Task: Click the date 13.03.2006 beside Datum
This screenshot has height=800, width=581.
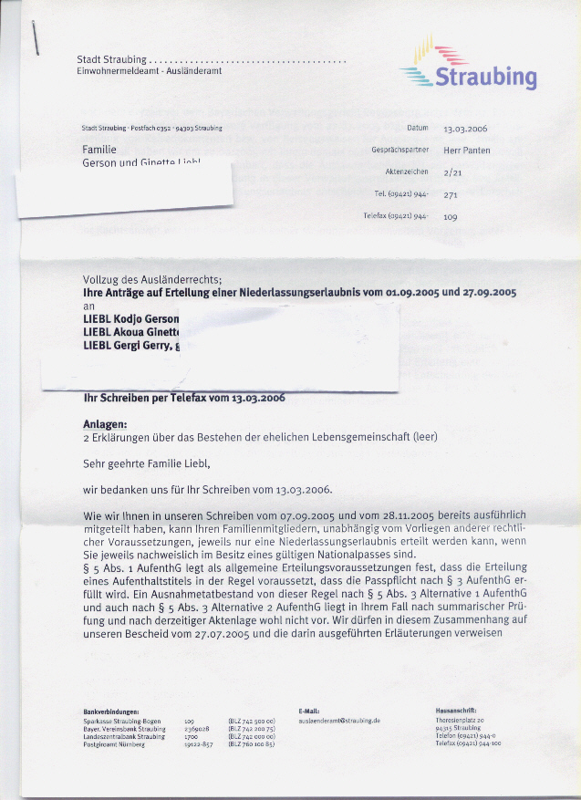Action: click(465, 130)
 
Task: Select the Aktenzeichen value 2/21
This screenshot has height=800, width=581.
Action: click(451, 171)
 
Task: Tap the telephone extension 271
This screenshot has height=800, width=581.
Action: click(450, 194)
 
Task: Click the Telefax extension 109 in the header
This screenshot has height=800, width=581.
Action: click(450, 217)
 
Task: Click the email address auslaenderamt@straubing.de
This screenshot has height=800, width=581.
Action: click(339, 720)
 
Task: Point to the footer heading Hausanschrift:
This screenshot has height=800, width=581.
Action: click(458, 711)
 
